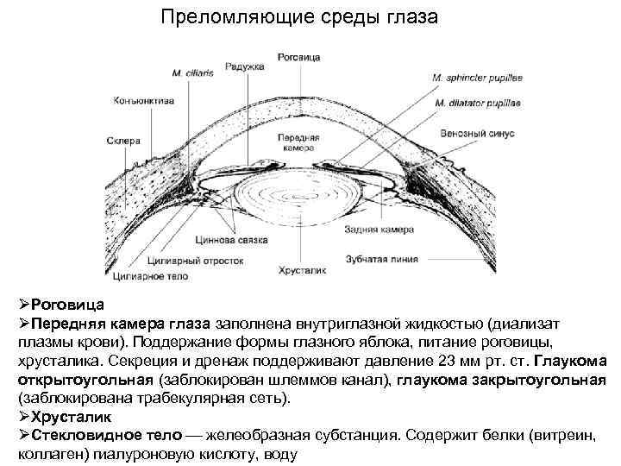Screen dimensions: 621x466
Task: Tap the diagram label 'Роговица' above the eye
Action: tap(299, 57)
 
